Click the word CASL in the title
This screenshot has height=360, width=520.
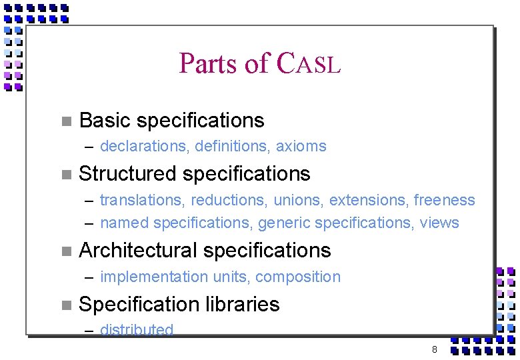pos(308,63)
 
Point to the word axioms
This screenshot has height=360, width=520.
pos(301,146)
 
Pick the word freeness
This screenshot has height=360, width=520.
pos(445,200)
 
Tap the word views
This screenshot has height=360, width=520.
pos(439,223)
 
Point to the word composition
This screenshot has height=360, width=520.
pos(298,277)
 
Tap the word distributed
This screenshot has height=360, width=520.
pos(137,329)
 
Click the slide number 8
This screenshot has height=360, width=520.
pos(434,349)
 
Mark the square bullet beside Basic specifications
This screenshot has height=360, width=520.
pos(65,121)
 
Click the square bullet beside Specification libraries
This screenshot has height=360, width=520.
pos(65,305)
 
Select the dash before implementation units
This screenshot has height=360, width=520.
pos(89,277)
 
